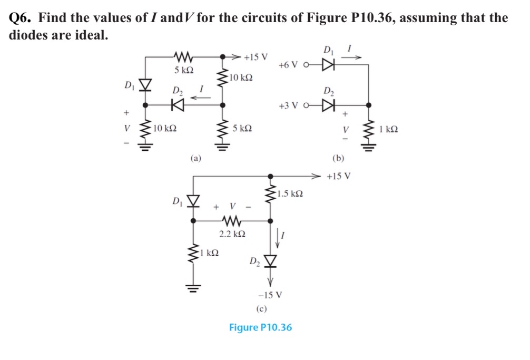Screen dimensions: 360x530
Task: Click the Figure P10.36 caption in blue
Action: [260, 327]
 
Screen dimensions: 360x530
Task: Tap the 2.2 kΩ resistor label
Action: [232, 232]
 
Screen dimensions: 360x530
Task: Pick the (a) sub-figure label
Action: [195, 157]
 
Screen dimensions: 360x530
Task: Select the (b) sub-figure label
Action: [338, 157]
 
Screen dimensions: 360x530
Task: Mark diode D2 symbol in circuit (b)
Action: [329, 106]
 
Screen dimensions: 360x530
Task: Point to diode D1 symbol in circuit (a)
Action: [145, 85]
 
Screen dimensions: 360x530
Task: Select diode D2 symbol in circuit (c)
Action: [271, 260]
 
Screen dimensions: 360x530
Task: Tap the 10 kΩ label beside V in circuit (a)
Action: [165, 128]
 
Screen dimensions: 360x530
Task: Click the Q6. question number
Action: [22, 18]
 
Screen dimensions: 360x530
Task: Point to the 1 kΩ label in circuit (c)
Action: [211, 254]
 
